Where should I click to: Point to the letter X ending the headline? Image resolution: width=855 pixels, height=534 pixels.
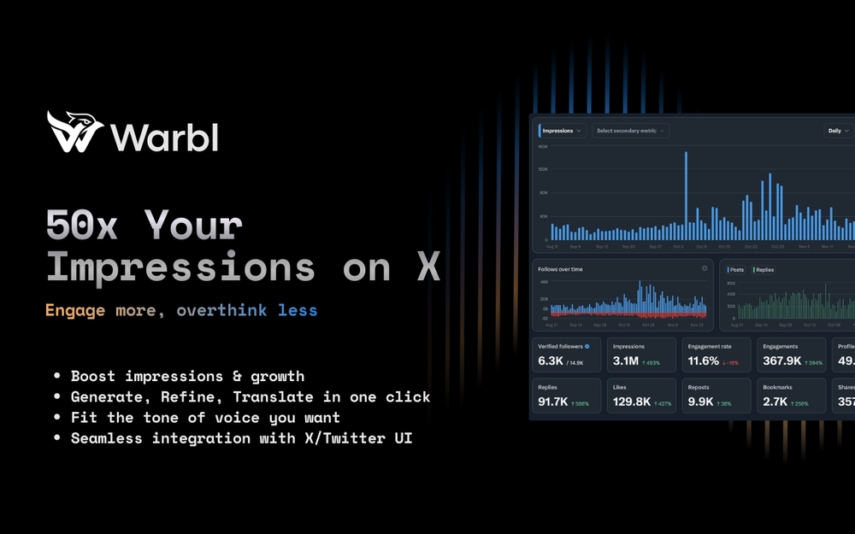(428, 267)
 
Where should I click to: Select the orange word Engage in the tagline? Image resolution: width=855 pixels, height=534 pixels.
(74, 310)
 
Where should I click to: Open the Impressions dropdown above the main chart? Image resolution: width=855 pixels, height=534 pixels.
(561, 131)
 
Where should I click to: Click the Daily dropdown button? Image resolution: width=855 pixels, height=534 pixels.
(838, 131)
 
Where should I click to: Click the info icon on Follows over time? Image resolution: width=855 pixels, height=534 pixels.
(705, 268)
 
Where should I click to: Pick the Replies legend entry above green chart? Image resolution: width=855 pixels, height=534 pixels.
(763, 269)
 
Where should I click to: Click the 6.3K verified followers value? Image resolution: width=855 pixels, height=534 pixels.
(550, 361)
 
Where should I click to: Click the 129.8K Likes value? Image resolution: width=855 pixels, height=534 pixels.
(632, 402)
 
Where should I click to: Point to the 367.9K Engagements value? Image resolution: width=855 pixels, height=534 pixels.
(781, 361)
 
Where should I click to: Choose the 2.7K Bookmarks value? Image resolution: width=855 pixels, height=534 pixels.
(775, 402)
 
